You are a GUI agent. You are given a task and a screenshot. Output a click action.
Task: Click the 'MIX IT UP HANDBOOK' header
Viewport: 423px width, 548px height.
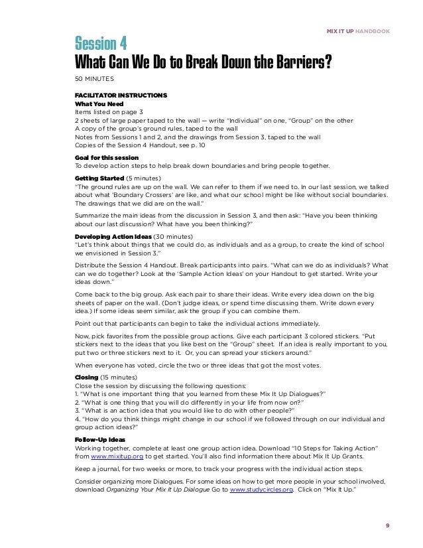click(x=359, y=31)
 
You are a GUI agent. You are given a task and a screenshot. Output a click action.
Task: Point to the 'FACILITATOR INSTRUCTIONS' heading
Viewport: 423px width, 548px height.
click(x=121, y=96)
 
